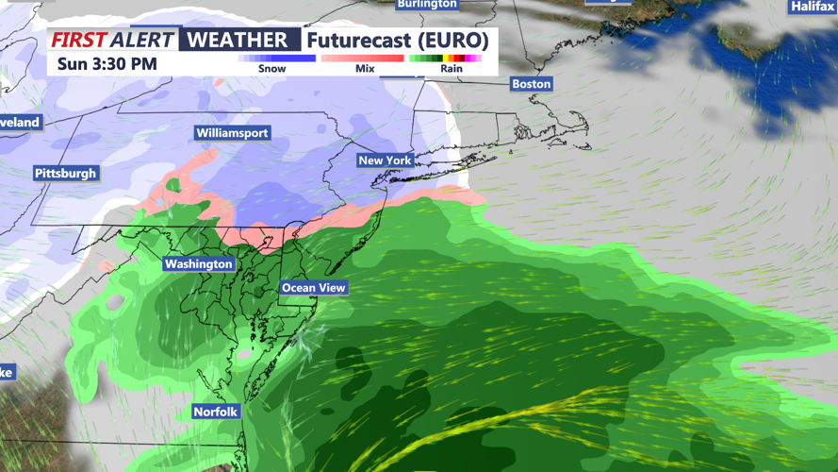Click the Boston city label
[x=531, y=84]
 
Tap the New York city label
[x=385, y=160]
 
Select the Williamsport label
[x=232, y=133]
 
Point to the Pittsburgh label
[x=66, y=174]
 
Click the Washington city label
[x=198, y=264]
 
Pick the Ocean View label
[x=314, y=288]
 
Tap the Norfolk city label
[x=216, y=412]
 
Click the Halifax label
[x=813, y=7]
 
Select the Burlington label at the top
[x=427, y=5]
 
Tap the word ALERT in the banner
[x=142, y=41]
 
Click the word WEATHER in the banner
[x=238, y=41]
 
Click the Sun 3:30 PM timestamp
[x=107, y=64]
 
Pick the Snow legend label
[x=272, y=69]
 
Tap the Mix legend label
[x=365, y=69]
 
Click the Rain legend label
[x=452, y=69]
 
